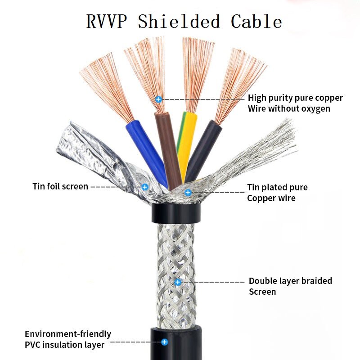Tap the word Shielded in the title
click(179, 22)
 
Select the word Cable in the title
click(256, 22)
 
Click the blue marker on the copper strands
click(158, 99)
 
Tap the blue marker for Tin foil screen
click(145, 186)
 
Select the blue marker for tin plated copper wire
click(188, 193)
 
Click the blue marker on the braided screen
click(178, 282)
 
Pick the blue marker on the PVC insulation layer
click(165, 342)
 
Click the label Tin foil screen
click(60, 186)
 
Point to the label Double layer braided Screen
click(290, 286)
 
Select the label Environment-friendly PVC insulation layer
click(67, 339)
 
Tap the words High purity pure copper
click(295, 98)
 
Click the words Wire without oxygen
click(288, 108)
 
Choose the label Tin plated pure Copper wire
click(277, 193)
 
